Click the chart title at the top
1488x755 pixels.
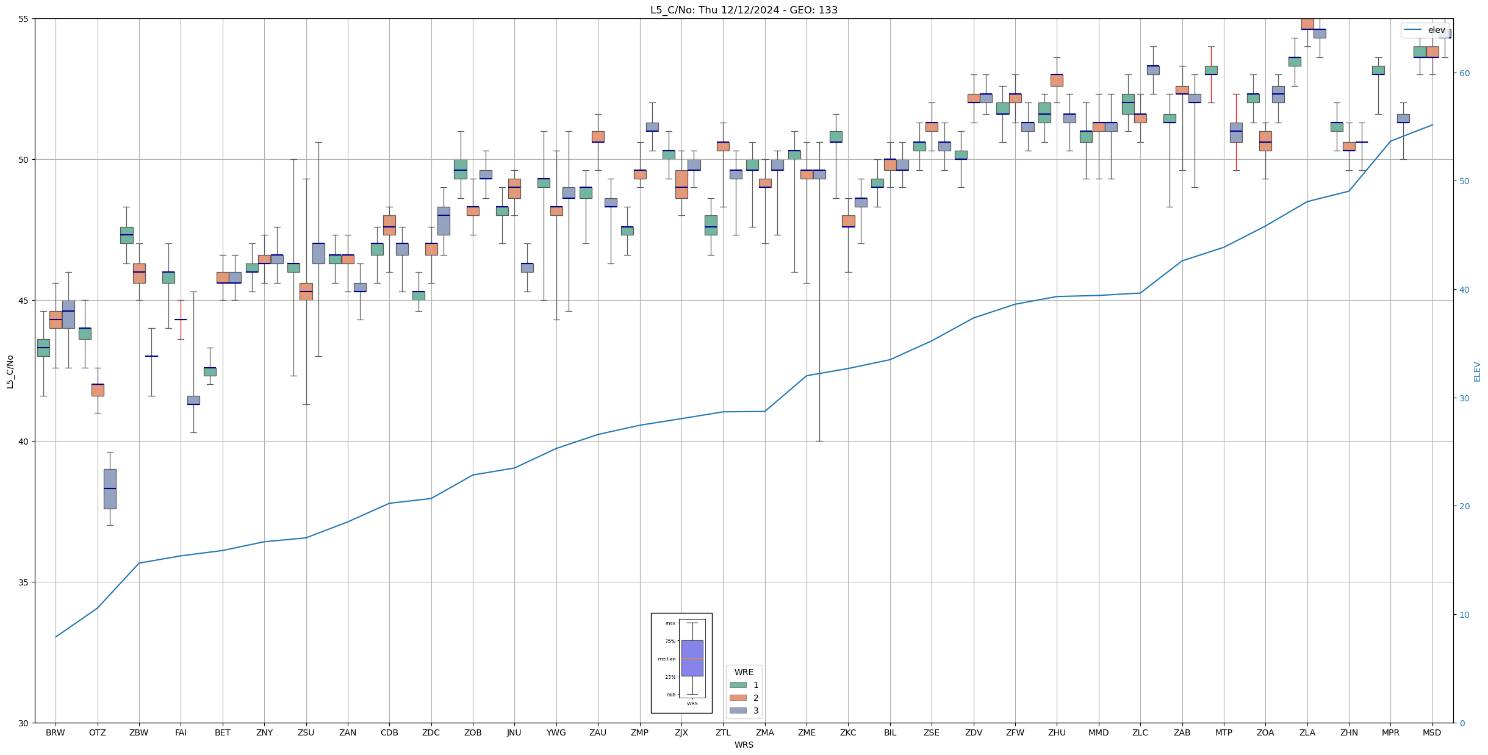coord(744,10)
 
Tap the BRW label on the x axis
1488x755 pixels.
coord(56,732)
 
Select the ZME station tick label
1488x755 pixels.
coord(807,732)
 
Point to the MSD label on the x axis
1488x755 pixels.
coord(1432,732)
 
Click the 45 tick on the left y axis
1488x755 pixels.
coord(25,301)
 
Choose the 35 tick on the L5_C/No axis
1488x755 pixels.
coord(25,582)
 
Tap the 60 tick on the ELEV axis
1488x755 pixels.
coord(1464,73)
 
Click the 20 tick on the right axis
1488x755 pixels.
coord(1464,506)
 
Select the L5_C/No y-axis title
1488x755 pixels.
coord(10,371)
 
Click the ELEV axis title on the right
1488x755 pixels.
coord(1477,371)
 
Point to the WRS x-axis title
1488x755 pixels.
coord(744,745)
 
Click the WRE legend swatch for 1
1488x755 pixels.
coord(738,685)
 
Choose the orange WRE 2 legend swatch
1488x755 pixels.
coord(738,698)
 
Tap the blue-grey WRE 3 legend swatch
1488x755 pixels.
coord(738,710)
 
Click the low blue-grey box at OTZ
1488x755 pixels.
coord(110,488)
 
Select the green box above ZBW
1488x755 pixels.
coord(126,235)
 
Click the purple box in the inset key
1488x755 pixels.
coord(692,658)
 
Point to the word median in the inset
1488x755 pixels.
coord(666,659)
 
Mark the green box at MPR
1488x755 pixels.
coord(1378,70)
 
